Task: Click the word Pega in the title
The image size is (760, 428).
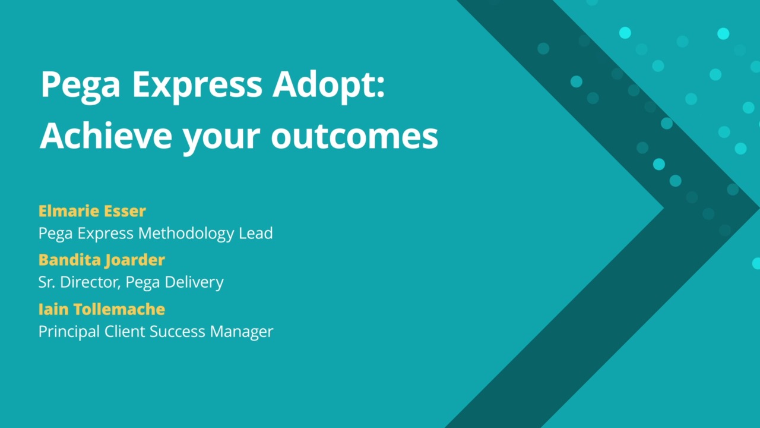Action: [x=80, y=86]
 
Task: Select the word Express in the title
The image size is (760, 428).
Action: [x=197, y=86]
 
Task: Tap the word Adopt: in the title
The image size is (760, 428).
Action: [x=328, y=86]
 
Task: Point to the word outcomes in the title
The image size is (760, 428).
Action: [x=354, y=137]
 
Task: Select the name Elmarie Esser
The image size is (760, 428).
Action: [x=92, y=211]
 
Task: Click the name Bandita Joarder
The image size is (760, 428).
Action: [x=102, y=260]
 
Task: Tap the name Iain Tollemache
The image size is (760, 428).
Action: [x=102, y=309]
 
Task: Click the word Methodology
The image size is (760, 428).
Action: [x=186, y=234]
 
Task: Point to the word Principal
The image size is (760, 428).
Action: [x=69, y=332]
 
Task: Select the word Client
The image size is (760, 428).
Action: [x=125, y=332]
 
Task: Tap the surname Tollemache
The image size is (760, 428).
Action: [x=119, y=309]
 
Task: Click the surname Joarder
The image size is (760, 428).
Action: [x=135, y=260]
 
